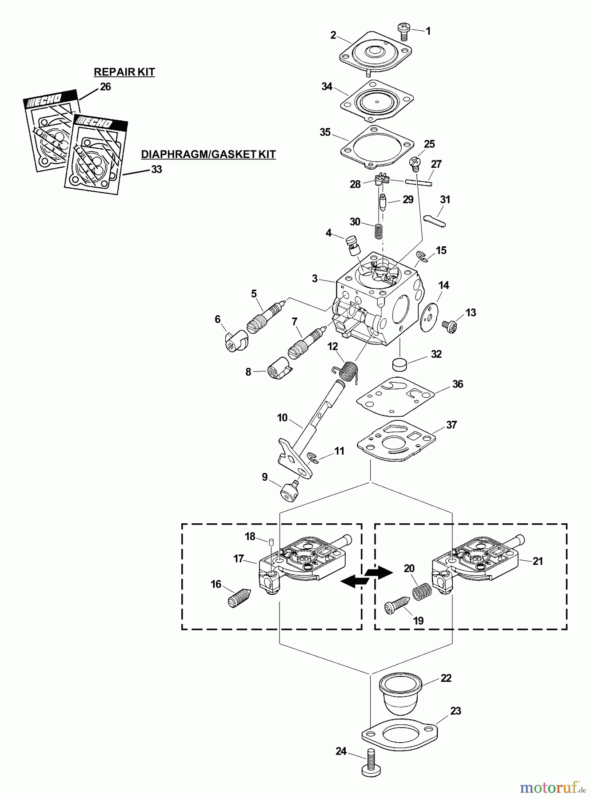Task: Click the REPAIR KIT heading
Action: [x=124, y=72]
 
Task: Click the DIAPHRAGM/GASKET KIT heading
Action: [x=208, y=154]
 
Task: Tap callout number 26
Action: [x=105, y=87]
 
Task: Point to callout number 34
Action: [x=327, y=87]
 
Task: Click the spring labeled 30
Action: [x=379, y=231]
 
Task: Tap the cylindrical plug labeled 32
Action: [x=401, y=364]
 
